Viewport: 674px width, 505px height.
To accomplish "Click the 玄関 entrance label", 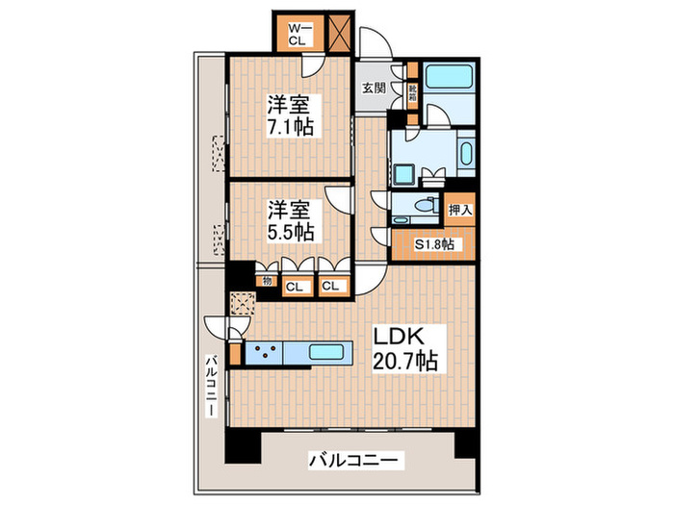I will tap(374, 88).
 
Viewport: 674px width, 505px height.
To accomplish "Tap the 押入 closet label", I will tap(459, 209).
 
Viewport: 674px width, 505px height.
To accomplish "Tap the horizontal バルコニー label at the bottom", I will tap(351, 461).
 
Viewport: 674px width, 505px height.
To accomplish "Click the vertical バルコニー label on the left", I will tap(209, 385).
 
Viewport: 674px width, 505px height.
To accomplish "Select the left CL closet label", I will tap(295, 286).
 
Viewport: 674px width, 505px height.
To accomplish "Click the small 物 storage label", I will tap(263, 282).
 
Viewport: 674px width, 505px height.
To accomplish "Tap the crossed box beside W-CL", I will tap(339, 34).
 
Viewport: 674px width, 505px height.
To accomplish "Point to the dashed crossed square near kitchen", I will tap(243, 303).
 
